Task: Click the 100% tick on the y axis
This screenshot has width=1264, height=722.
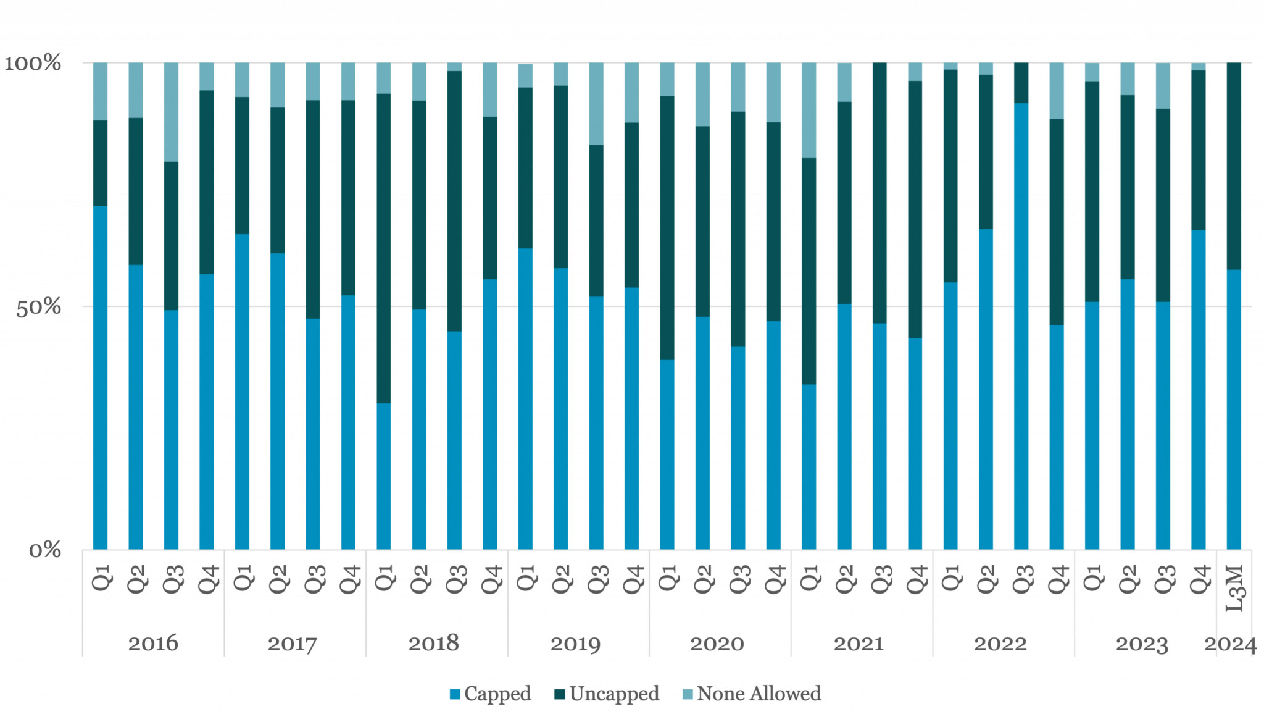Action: tap(33, 64)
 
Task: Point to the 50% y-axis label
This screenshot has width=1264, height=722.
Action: tap(38, 308)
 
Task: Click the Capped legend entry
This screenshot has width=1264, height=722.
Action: tap(491, 694)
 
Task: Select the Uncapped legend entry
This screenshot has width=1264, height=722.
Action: tap(607, 694)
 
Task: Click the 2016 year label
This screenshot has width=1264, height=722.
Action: tap(152, 644)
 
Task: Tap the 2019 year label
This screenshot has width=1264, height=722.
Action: tap(576, 644)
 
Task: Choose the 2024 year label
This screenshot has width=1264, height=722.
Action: tap(1230, 644)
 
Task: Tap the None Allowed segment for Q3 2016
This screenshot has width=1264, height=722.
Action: tap(172, 112)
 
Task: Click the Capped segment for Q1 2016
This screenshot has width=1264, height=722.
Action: tap(101, 377)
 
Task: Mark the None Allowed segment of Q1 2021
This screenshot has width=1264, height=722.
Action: tap(809, 110)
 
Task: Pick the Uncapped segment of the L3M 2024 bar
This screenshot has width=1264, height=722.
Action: tap(1234, 166)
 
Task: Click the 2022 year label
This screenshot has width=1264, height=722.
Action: tap(1000, 644)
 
